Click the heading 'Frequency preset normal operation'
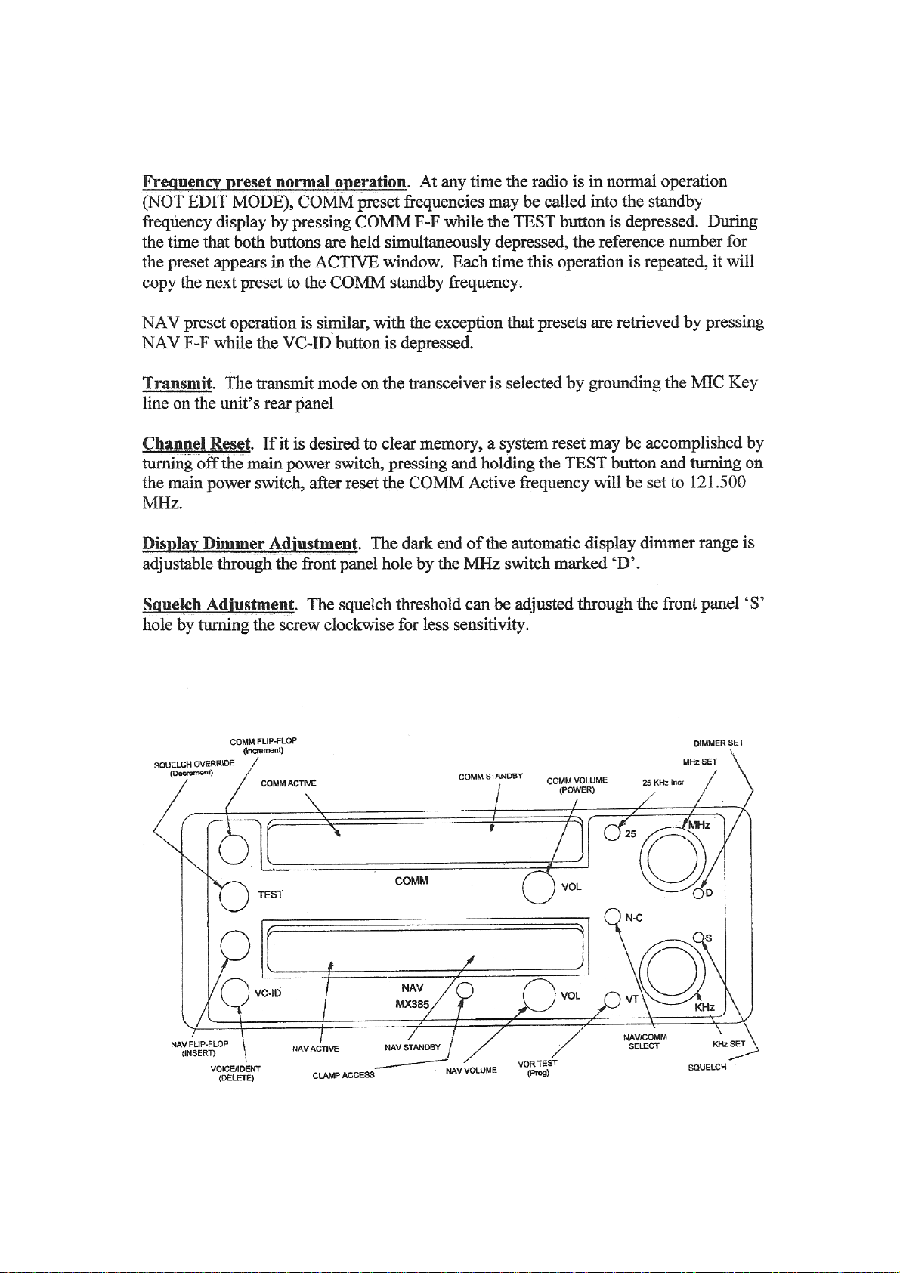(274, 183)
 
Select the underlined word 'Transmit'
(177, 382)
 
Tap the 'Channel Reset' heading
(196, 443)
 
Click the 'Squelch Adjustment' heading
(218, 604)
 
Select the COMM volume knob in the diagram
(538, 887)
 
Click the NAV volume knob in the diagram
(539, 994)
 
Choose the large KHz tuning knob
(673, 969)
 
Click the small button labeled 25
(612, 833)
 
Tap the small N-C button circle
(612, 916)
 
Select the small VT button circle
(612, 999)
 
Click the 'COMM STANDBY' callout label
(490, 777)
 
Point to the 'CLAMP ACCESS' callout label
(343, 1075)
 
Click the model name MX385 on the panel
(412, 1003)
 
